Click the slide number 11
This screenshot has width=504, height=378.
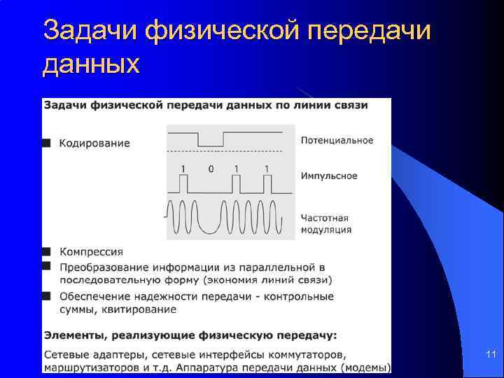491,356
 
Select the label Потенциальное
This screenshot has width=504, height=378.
337,140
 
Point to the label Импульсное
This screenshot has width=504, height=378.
329,176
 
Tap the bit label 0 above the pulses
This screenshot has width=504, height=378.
211,169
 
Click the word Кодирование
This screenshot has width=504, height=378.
94,143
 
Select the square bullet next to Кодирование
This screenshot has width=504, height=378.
47,143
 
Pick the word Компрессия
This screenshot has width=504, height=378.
92,252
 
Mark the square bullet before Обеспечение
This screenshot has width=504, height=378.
47,295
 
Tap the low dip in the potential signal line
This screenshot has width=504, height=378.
210,145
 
